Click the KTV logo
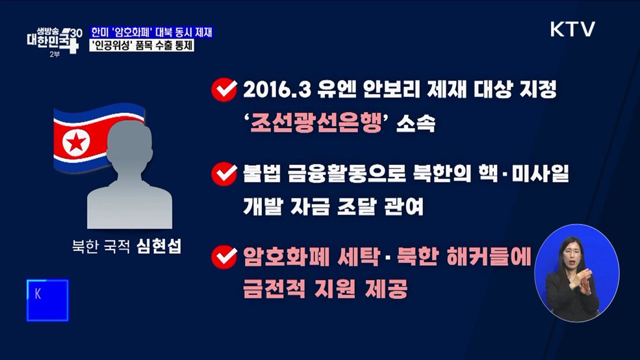point(572,29)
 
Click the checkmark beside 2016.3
point(224,91)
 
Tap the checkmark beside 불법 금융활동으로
point(224,174)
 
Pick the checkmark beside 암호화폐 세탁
point(224,257)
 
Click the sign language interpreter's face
point(574,252)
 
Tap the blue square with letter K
point(47,300)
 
